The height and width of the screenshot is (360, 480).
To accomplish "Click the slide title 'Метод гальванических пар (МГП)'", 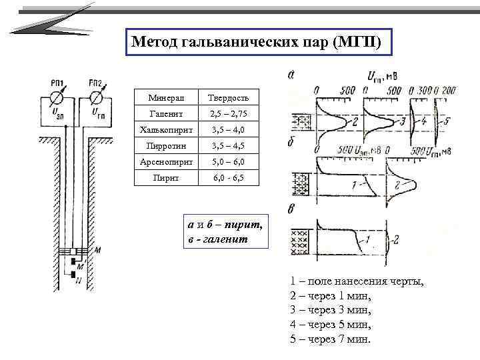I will tap(257, 42).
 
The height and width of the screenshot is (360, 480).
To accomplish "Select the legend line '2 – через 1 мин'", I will tap(330, 296).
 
